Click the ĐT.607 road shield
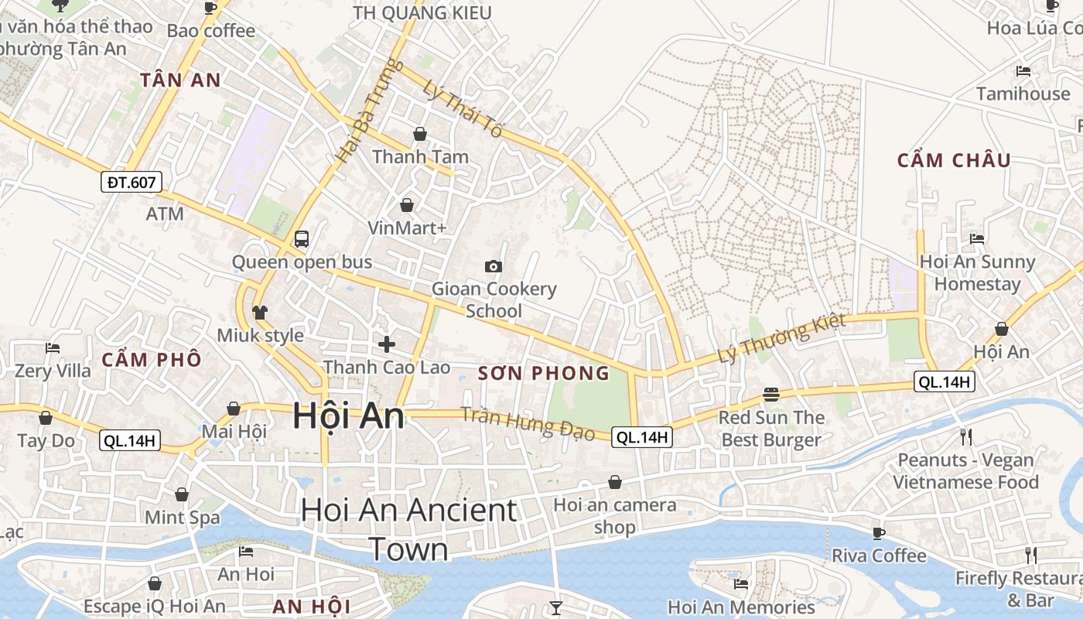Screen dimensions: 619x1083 132,183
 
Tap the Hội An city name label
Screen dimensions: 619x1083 348,416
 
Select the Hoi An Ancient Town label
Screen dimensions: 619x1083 408,529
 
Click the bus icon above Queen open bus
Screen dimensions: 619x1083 302,238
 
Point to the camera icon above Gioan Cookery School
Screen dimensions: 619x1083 493,266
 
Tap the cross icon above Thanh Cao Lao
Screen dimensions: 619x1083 387,344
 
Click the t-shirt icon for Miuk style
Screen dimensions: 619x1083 259,312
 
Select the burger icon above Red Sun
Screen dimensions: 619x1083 770,394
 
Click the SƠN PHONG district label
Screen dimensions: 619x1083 544,374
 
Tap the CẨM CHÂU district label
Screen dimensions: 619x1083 954,160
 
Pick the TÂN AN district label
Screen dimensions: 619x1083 180,80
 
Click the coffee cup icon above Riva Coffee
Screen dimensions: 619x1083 879,532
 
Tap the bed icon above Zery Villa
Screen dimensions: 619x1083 53,347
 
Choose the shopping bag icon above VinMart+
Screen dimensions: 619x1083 407,205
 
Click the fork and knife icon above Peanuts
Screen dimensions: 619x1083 966,436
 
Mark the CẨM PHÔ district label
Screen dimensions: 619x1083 152,360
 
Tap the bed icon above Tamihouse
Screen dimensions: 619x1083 1023,70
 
